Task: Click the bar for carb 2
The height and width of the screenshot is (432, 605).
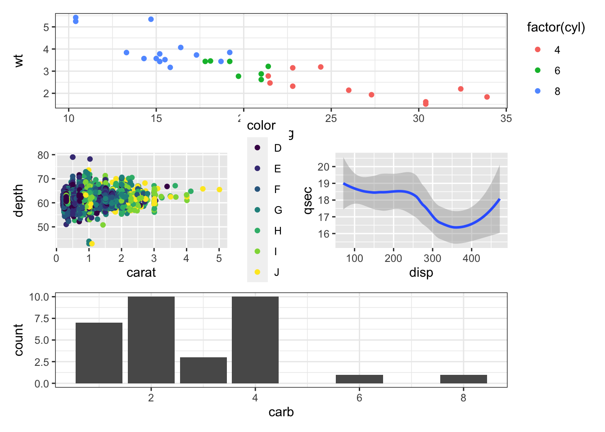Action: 151,340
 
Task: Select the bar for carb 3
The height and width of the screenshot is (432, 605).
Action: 203,370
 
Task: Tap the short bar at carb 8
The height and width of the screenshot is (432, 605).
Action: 464,379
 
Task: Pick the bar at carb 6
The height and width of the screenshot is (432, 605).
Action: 359,379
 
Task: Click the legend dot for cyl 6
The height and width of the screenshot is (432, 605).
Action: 537,71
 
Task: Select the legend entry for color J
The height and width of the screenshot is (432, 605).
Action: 257,272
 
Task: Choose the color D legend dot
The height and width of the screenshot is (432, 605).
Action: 257,148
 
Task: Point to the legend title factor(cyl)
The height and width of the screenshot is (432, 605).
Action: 556,28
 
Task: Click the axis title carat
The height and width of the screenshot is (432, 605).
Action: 141,273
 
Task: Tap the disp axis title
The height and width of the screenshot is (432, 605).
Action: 421,273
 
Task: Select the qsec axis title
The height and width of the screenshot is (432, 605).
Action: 308,200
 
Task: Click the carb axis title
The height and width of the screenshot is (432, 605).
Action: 281,412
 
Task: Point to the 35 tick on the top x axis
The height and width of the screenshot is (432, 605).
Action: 506,118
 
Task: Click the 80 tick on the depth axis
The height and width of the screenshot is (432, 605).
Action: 43,155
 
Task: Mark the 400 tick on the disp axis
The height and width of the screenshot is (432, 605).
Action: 471,259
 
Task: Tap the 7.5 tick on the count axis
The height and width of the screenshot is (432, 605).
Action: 42,319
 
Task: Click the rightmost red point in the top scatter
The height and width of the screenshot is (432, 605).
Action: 487,97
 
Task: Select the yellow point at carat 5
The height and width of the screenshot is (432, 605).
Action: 219,189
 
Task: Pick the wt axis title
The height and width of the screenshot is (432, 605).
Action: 18,61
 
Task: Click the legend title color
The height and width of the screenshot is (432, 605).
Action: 261,126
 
